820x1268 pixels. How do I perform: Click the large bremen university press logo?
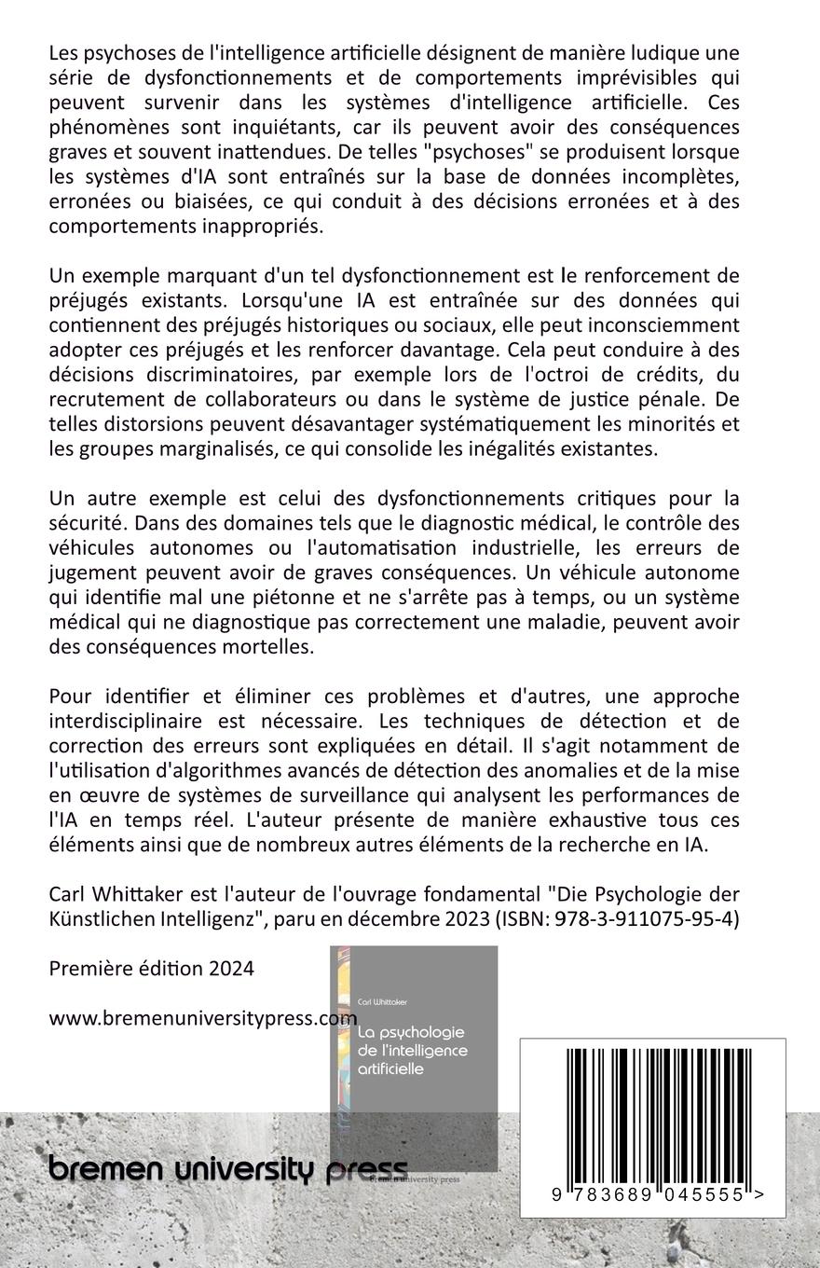point(228,1169)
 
